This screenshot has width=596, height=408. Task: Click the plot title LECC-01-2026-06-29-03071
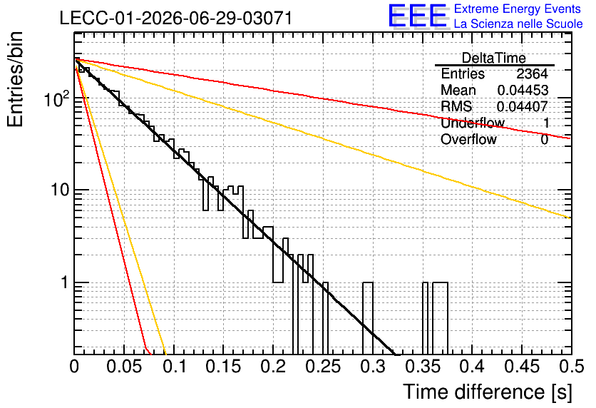pos(176,18)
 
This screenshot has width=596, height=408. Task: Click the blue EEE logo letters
pos(418,16)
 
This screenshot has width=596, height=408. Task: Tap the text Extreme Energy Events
pos(518,9)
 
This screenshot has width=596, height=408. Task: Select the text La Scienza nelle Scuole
pos(518,24)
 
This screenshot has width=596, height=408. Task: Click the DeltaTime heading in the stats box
pos(493,58)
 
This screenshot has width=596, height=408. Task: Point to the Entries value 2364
pos(532,73)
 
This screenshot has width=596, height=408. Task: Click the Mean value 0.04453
pos(523,90)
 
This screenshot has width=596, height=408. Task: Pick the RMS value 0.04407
pos(523,106)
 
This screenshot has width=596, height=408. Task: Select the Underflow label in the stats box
pos(473,123)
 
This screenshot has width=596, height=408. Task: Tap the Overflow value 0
pos(544,140)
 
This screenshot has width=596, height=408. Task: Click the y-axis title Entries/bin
pos(16,80)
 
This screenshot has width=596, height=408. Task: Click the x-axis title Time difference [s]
pos(488,392)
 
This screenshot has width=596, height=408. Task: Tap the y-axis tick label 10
pos(61,190)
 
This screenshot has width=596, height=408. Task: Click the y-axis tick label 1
pos(65,282)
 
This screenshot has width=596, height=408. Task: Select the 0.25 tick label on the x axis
pos(324,367)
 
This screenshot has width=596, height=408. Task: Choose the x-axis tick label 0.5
pos(571,367)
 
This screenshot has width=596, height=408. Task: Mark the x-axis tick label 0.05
pos(124,367)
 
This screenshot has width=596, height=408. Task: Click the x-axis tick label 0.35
pos(423,367)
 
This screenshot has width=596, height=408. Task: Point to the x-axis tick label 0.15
pos(224,367)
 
